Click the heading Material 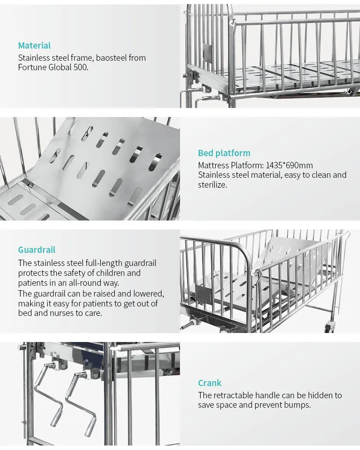coord(34,45)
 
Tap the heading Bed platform coord(224,153)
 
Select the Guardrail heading coord(36,250)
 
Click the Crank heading coord(210,383)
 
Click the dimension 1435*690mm coord(289,165)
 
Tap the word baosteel coord(111,58)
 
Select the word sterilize coord(212,184)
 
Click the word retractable coord(233,395)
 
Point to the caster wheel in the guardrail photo coord(329,328)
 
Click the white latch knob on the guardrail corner coord(253,273)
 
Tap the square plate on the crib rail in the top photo coord(207,51)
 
